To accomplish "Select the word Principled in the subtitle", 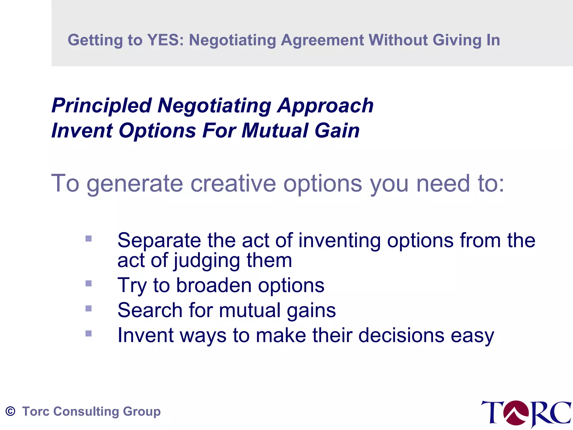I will pos(102,106).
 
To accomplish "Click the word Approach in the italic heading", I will pos(325,106).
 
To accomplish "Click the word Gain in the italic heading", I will pos(337,131).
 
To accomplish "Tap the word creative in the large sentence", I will pos(233,183).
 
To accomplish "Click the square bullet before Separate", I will pos(88,239).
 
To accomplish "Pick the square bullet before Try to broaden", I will pos(88,284).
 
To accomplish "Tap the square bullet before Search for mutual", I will pos(88,309).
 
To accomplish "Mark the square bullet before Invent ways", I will pos(88,333).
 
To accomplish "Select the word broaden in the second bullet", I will pos(214,286).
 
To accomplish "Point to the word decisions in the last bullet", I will pos(401,335).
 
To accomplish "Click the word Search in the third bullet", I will pos(150,310).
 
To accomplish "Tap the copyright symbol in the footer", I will pos(10,412).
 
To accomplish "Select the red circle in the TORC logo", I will pos(516,413).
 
